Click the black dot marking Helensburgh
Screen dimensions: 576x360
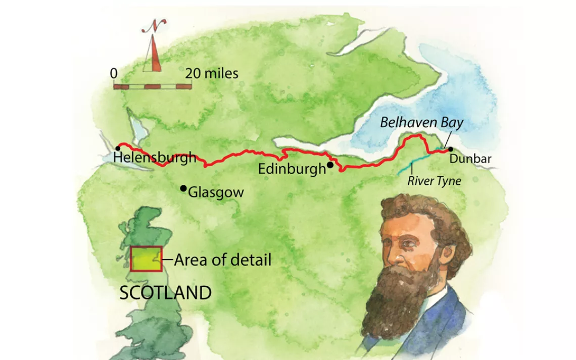pyautogui.click(x=117, y=148)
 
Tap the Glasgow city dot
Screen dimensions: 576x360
pyautogui.click(x=183, y=188)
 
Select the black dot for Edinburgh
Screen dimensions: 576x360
pyautogui.click(x=329, y=165)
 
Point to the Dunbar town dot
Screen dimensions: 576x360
pyautogui.click(x=450, y=149)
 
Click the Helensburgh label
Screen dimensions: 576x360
pyautogui.click(x=154, y=158)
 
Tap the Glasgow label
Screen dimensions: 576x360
pyautogui.click(x=216, y=192)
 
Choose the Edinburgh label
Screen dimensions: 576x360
pyautogui.click(x=292, y=169)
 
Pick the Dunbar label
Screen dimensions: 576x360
pyautogui.click(x=470, y=160)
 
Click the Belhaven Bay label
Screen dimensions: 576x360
pyautogui.click(x=421, y=123)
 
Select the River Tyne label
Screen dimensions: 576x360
pyautogui.click(x=434, y=181)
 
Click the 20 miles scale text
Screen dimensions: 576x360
pyautogui.click(x=211, y=73)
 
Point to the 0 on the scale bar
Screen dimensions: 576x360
pyautogui.click(x=114, y=74)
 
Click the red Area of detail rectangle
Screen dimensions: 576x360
pyautogui.click(x=146, y=259)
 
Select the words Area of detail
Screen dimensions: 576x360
pyautogui.click(x=223, y=260)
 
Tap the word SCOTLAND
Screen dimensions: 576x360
pyautogui.click(x=165, y=293)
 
